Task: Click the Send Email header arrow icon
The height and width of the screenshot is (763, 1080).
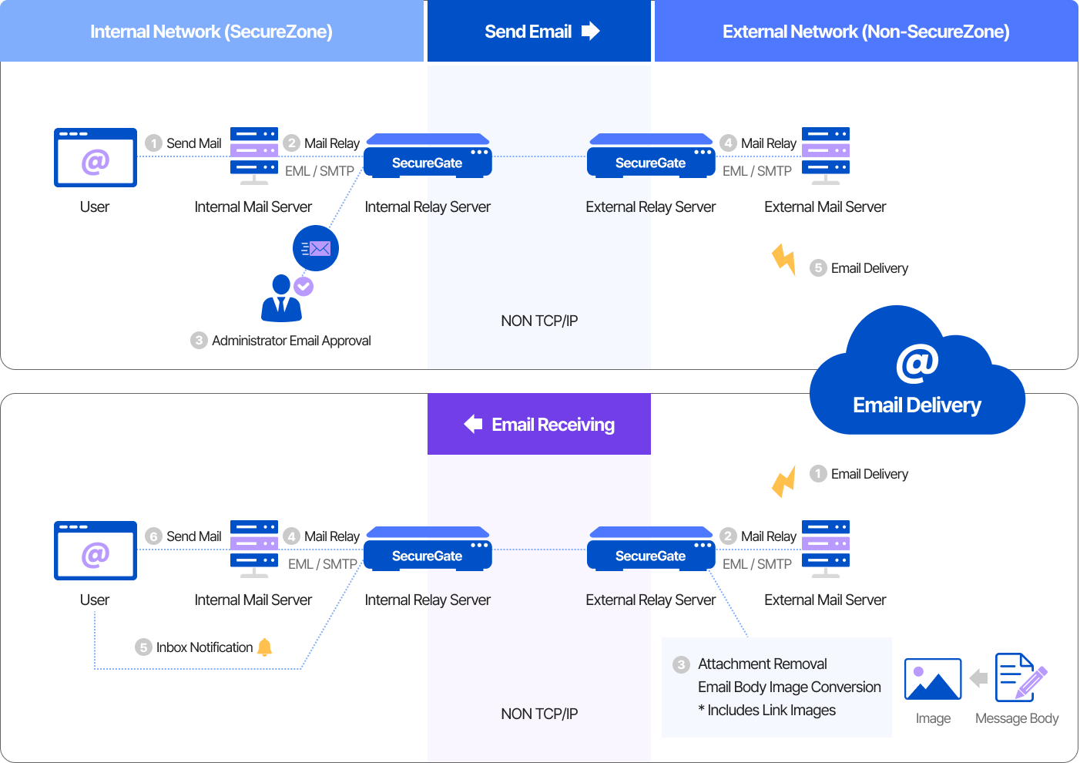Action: pos(590,32)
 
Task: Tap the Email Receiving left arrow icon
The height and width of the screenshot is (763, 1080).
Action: pos(473,424)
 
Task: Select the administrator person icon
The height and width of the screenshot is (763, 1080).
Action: pos(281,299)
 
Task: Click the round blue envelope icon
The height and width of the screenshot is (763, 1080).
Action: pos(316,248)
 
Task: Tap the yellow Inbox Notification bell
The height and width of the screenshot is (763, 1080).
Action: pos(265,647)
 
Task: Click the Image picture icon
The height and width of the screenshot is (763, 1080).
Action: pos(933,679)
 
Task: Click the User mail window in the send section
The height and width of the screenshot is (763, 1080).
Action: pos(96,157)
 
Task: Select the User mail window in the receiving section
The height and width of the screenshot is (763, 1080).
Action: pos(96,550)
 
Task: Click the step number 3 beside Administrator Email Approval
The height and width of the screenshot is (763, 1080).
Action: pos(199,341)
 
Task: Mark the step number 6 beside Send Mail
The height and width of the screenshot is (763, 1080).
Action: pos(154,536)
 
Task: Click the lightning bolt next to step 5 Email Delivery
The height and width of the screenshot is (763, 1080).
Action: pos(784,260)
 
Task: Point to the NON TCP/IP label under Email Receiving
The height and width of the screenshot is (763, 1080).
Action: pos(539,714)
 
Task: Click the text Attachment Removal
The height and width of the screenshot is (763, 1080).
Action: pos(762,664)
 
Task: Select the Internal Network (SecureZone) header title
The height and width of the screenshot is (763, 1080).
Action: pos(211,32)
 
